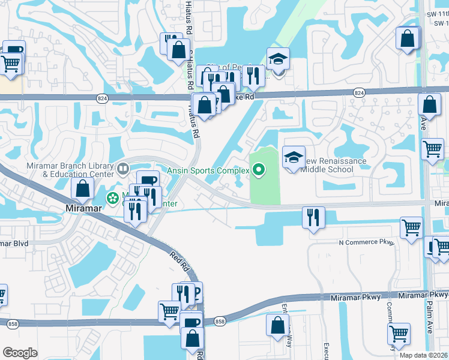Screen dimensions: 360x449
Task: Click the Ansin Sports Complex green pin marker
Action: click(259, 171)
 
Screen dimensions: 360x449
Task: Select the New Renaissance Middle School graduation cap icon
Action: click(294, 158)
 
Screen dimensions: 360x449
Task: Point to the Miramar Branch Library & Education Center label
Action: click(70, 170)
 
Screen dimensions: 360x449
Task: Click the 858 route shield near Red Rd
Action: click(220, 322)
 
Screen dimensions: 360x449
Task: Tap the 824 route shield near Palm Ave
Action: click(359, 92)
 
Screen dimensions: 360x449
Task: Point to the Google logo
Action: click(20, 353)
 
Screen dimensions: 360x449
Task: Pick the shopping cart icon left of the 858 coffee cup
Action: click(170, 311)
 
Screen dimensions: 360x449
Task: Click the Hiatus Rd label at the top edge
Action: click(188, 17)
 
